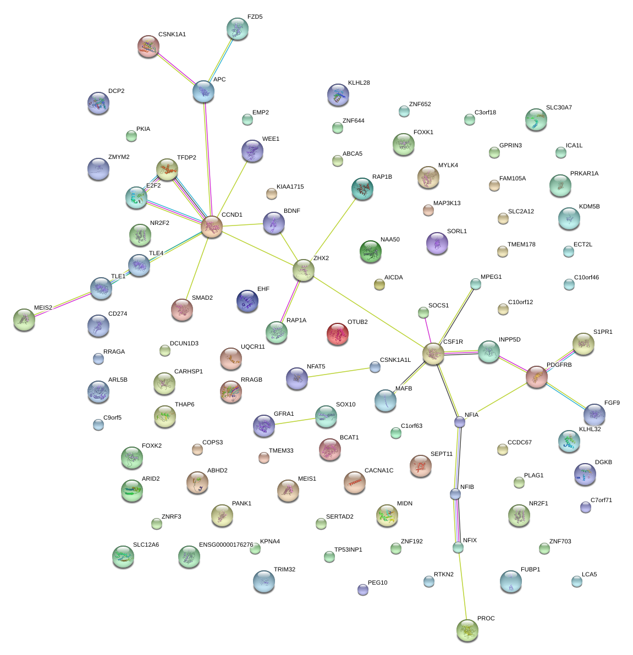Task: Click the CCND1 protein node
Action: click(212, 226)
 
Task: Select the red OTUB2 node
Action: click(338, 334)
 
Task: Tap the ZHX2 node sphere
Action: click(304, 269)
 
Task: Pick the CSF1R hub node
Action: click(433, 353)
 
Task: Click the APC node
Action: click(203, 91)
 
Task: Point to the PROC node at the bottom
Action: click(467, 630)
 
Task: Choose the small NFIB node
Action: click(455, 494)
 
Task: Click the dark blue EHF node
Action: click(247, 300)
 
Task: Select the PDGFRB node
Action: click(536, 377)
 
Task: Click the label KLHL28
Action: click(359, 83)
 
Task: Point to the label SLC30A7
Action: click(559, 108)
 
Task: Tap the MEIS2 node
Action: click(24, 319)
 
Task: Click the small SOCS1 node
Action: click(423, 312)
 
